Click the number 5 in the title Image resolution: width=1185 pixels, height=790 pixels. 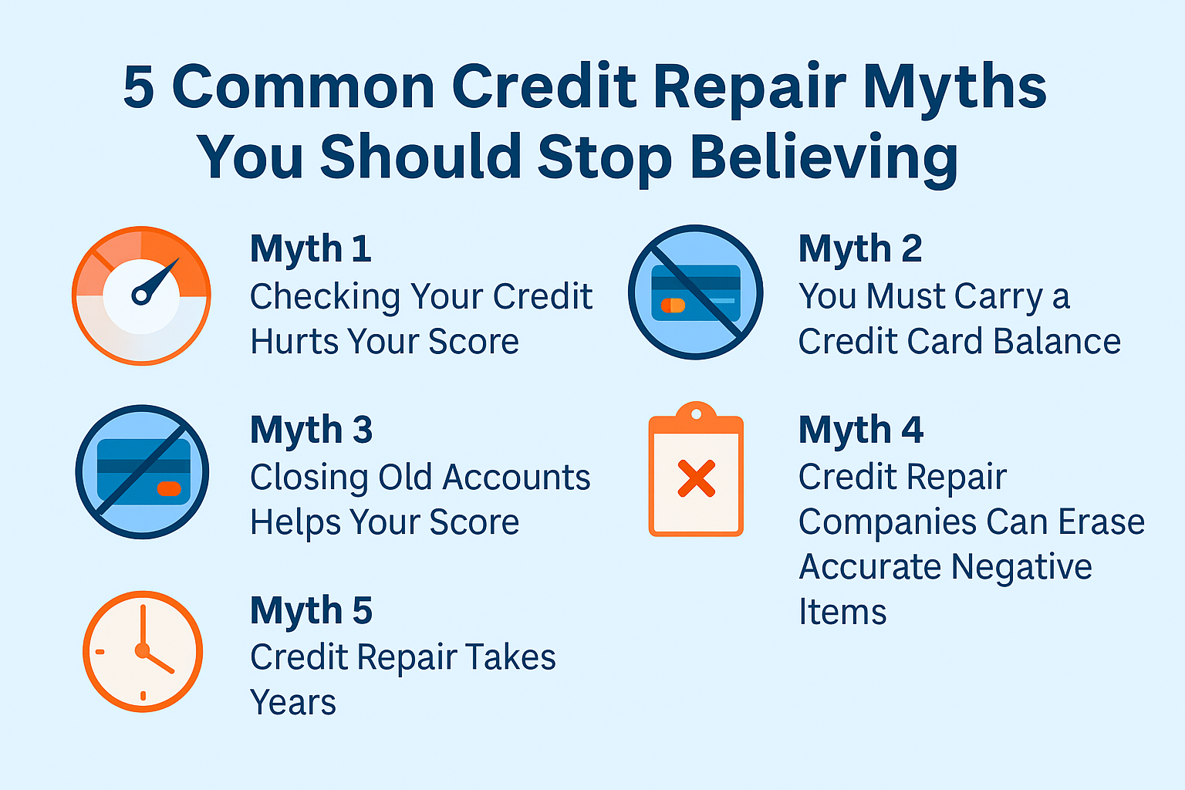pyautogui.click(x=139, y=86)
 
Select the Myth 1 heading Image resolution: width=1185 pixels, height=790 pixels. pyautogui.click(x=311, y=248)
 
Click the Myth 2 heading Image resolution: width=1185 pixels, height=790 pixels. pyautogui.click(x=860, y=248)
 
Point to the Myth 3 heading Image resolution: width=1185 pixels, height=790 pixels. pyautogui.click(x=311, y=429)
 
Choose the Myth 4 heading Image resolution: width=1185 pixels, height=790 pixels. pyautogui.click(x=861, y=429)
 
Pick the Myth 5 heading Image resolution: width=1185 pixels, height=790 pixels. pyautogui.click(x=311, y=610)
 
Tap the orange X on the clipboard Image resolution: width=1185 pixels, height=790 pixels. pyautogui.click(x=696, y=478)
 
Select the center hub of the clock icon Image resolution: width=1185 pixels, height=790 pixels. pyautogui.click(x=142, y=650)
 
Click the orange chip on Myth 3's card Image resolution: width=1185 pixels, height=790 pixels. pyautogui.click(x=169, y=488)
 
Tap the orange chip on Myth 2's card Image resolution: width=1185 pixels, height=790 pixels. pyautogui.click(x=673, y=306)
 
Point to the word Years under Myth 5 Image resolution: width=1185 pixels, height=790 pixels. pyautogui.click(x=293, y=703)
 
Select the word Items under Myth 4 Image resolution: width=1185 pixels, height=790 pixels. pyautogui.click(x=842, y=613)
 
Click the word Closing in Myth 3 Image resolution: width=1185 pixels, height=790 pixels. pyautogui.click(x=309, y=478)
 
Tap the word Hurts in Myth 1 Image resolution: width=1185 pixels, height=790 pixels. pyautogui.click(x=294, y=341)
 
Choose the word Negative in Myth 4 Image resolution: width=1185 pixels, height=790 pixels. pyautogui.click(x=1021, y=567)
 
